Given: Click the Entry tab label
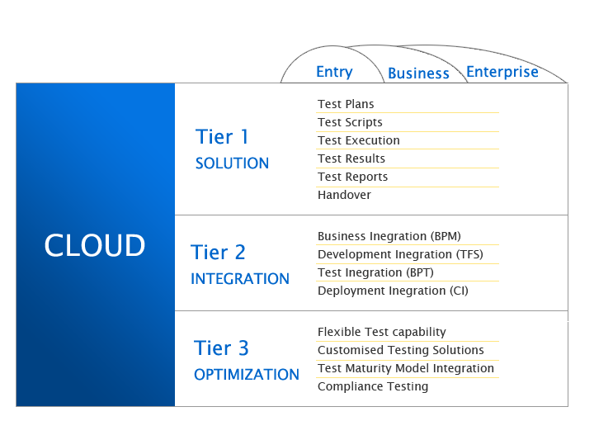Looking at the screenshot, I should [x=334, y=72].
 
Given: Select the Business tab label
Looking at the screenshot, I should [x=418, y=73].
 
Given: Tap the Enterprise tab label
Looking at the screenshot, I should [x=502, y=72].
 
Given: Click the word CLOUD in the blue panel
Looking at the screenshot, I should [x=95, y=245].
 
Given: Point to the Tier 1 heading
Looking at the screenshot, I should [x=222, y=136].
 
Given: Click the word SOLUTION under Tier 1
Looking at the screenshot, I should [x=232, y=163].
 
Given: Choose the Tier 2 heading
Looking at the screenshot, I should [x=218, y=252].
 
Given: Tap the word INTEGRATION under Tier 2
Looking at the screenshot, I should [x=239, y=279].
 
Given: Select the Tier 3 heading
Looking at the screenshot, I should [x=221, y=348].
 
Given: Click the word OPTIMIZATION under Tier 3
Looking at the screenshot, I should [x=246, y=375].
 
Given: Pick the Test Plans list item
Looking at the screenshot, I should [x=346, y=104].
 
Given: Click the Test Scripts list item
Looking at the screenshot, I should [x=350, y=122].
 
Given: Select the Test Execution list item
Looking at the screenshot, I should [x=358, y=140].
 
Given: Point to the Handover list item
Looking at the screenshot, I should [x=344, y=195].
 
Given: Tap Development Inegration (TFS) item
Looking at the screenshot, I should [x=400, y=254].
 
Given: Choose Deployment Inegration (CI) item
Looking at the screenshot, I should [x=393, y=291].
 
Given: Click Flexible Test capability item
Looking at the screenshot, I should [x=381, y=332].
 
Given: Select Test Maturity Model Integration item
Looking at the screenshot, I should [x=405, y=368].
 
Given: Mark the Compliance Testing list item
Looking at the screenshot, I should [x=373, y=386].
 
